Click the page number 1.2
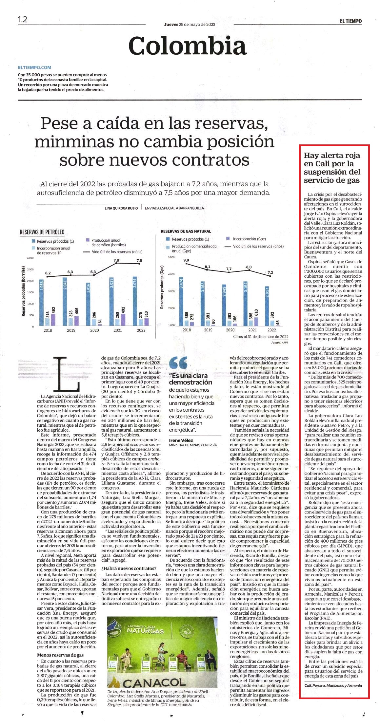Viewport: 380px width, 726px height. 22,19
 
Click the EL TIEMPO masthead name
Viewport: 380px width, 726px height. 350,21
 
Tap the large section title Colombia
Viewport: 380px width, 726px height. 188,46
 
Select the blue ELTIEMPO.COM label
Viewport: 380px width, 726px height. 35,67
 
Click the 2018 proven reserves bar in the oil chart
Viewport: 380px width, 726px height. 42,303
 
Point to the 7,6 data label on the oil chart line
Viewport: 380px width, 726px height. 116,260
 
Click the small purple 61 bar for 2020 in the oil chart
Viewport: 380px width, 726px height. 100,325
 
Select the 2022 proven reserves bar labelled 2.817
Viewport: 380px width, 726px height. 267,306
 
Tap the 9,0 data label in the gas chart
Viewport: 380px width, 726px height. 186,260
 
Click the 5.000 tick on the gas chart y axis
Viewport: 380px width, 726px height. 171,257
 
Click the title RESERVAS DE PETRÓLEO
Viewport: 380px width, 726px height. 42,232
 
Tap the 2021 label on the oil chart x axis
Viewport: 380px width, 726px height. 118,330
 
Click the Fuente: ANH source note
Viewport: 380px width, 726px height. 280,343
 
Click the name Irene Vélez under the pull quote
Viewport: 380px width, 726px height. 181,440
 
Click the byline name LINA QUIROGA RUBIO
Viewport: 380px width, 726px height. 121,208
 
